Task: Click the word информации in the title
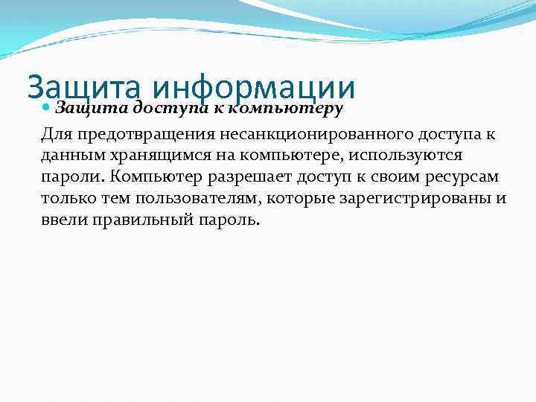253,88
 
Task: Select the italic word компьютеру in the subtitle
284,109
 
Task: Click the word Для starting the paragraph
58,135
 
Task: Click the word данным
69,156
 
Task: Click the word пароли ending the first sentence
67,178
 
